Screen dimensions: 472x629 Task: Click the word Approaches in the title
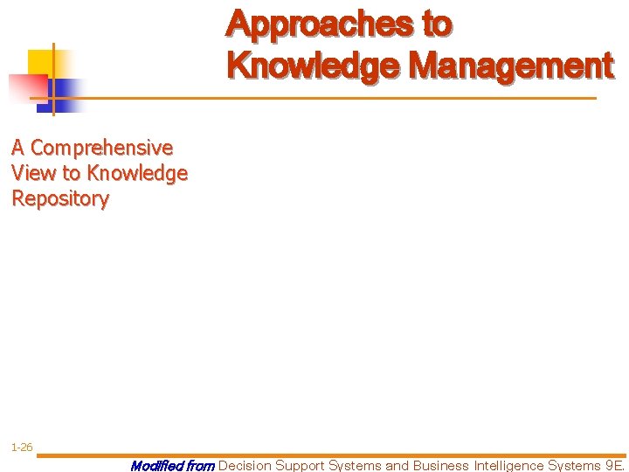pyautogui.click(x=320, y=24)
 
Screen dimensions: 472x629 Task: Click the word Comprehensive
pyautogui.click(x=101, y=148)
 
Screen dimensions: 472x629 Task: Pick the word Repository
pyautogui.click(x=60, y=198)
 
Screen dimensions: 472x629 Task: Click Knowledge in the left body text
pyautogui.click(x=137, y=173)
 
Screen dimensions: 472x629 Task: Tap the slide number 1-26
pyautogui.click(x=22, y=448)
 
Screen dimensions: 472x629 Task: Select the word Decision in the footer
pyautogui.click(x=245, y=465)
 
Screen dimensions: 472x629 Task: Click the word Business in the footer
pyautogui.click(x=440, y=465)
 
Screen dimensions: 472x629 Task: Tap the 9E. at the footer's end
pyautogui.click(x=615, y=465)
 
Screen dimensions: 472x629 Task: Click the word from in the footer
pyautogui.click(x=200, y=465)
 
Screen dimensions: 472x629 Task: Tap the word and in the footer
pyautogui.click(x=397, y=465)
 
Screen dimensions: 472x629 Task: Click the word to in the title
pyautogui.click(x=437, y=24)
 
